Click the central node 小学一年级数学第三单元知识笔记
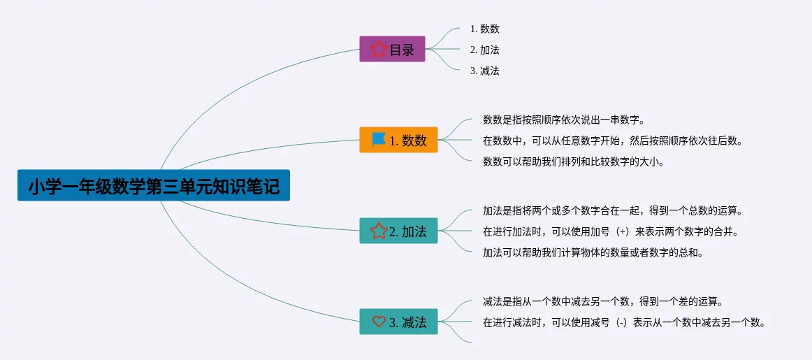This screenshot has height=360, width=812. pyautogui.click(x=153, y=186)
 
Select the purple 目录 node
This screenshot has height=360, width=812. pyautogui.click(x=392, y=50)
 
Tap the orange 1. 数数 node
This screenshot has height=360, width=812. pyautogui.click(x=398, y=140)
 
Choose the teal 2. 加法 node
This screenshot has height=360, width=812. pyautogui.click(x=398, y=231)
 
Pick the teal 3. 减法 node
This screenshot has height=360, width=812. pyautogui.click(x=398, y=322)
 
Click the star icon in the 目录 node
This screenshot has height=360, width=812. pyautogui.click(x=379, y=50)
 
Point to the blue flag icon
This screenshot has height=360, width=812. pyautogui.click(x=379, y=140)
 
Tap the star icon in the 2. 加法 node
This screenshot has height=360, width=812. pyautogui.click(x=379, y=231)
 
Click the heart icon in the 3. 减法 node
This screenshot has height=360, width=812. pyautogui.click(x=379, y=322)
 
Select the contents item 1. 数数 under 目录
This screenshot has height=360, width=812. pyautogui.click(x=485, y=29)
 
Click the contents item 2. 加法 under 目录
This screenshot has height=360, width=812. pyautogui.click(x=485, y=50)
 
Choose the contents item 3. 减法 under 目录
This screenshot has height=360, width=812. pyautogui.click(x=485, y=71)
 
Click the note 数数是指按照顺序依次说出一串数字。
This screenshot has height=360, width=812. pyautogui.click(x=563, y=120)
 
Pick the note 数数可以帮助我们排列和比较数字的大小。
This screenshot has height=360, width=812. pyautogui.click(x=573, y=161)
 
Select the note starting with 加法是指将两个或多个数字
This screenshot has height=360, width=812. pyautogui.click(x=612, y=210)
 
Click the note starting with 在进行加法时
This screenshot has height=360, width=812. pyautogui.click(x=610, y=231)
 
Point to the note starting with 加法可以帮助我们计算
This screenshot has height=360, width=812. pyautogui.click(x=593, y=252)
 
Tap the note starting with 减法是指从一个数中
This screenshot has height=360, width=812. pyautogui.click(x=602, y=301)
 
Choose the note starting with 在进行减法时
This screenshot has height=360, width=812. pyautogui.click(x=624, y=322)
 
